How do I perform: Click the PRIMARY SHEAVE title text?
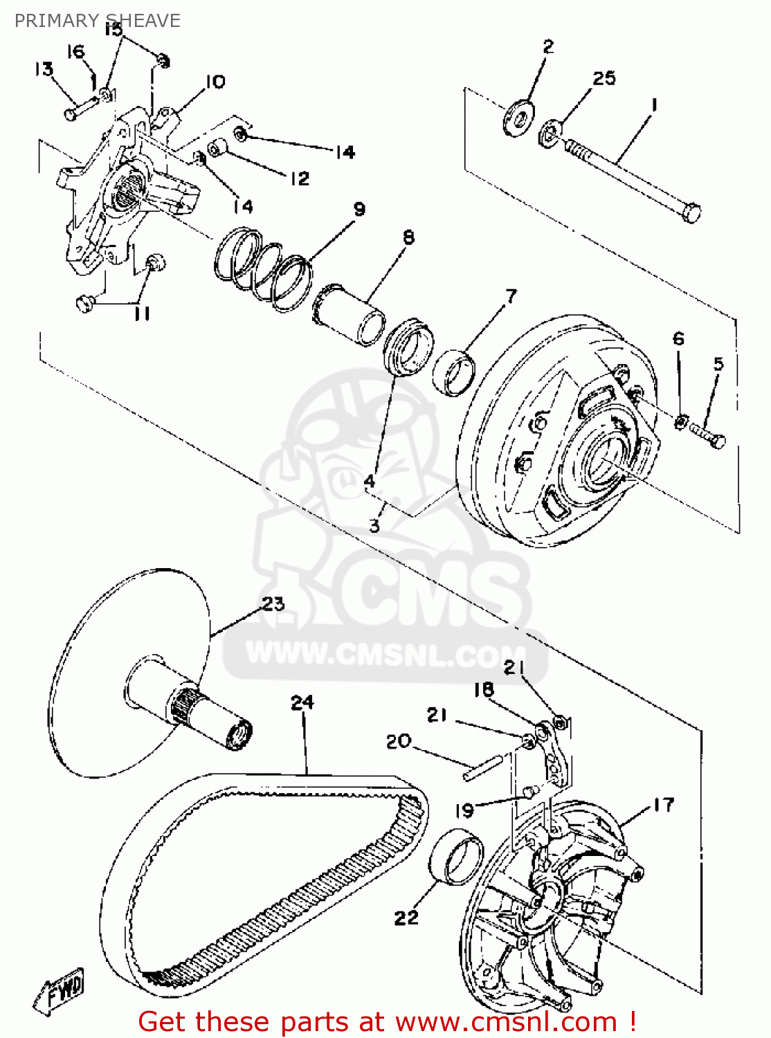coord(97,21)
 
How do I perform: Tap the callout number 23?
coord(273,603)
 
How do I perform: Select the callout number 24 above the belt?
coord(302,702)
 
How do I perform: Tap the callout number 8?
coord(409,237)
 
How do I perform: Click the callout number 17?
coord(663,804)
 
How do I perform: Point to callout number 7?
coord(511,296)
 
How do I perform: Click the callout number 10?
coord(215,82)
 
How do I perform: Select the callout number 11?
coord(142,313)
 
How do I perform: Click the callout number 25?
coord(604,78)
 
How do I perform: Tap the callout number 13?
coord(44,69)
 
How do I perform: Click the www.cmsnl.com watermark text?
coord(386,653)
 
